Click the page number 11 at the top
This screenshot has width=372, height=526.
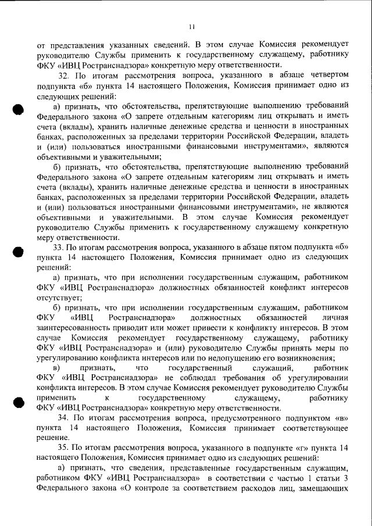click(x=192, y=26)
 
